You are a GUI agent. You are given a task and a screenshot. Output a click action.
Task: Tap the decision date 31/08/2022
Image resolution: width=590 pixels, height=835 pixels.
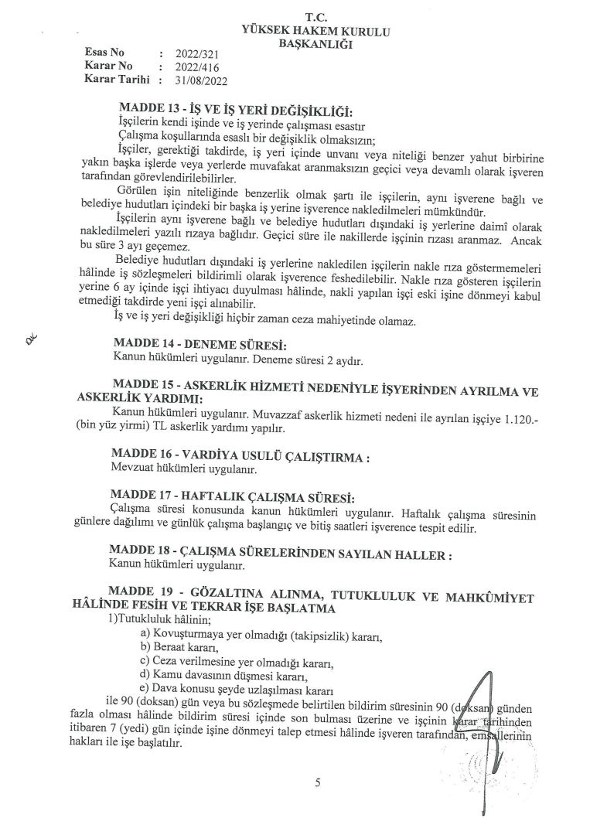[x=203, y=79]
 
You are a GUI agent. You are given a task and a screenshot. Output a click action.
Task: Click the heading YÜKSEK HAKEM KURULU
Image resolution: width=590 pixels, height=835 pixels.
[x=316, y=32]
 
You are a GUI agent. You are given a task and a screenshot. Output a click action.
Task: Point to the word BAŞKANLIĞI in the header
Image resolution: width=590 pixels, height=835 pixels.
[x=315, y=44]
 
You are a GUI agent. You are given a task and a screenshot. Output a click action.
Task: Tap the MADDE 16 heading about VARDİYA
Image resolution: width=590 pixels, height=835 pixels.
[x=240, y=456]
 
